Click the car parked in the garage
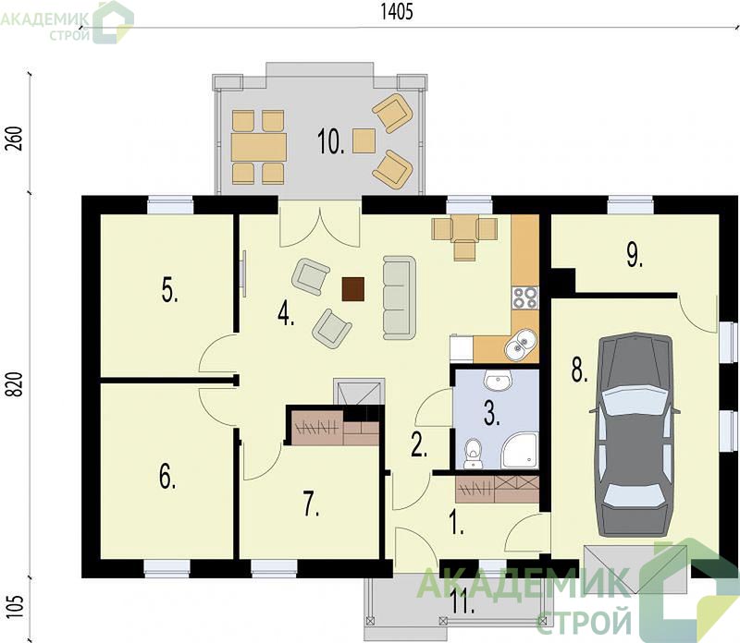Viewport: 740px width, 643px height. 635,434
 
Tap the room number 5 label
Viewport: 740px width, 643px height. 169,289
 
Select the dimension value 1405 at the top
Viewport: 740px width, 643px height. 397,12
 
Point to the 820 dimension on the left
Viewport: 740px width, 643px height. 16,384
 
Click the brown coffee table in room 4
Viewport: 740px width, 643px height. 353,289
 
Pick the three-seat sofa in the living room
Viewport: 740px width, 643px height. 400,297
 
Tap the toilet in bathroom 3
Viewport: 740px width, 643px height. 473,454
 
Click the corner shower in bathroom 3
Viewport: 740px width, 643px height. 520,451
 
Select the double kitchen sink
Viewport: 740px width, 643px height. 521,344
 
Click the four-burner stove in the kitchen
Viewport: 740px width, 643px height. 525,297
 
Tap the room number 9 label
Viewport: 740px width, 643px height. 635,256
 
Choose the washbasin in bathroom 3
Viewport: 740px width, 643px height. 499,381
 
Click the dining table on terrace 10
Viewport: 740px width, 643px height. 259,147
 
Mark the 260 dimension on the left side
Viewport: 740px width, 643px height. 16,139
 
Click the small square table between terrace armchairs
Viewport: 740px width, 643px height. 364,141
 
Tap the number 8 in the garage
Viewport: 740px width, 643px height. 580,370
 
